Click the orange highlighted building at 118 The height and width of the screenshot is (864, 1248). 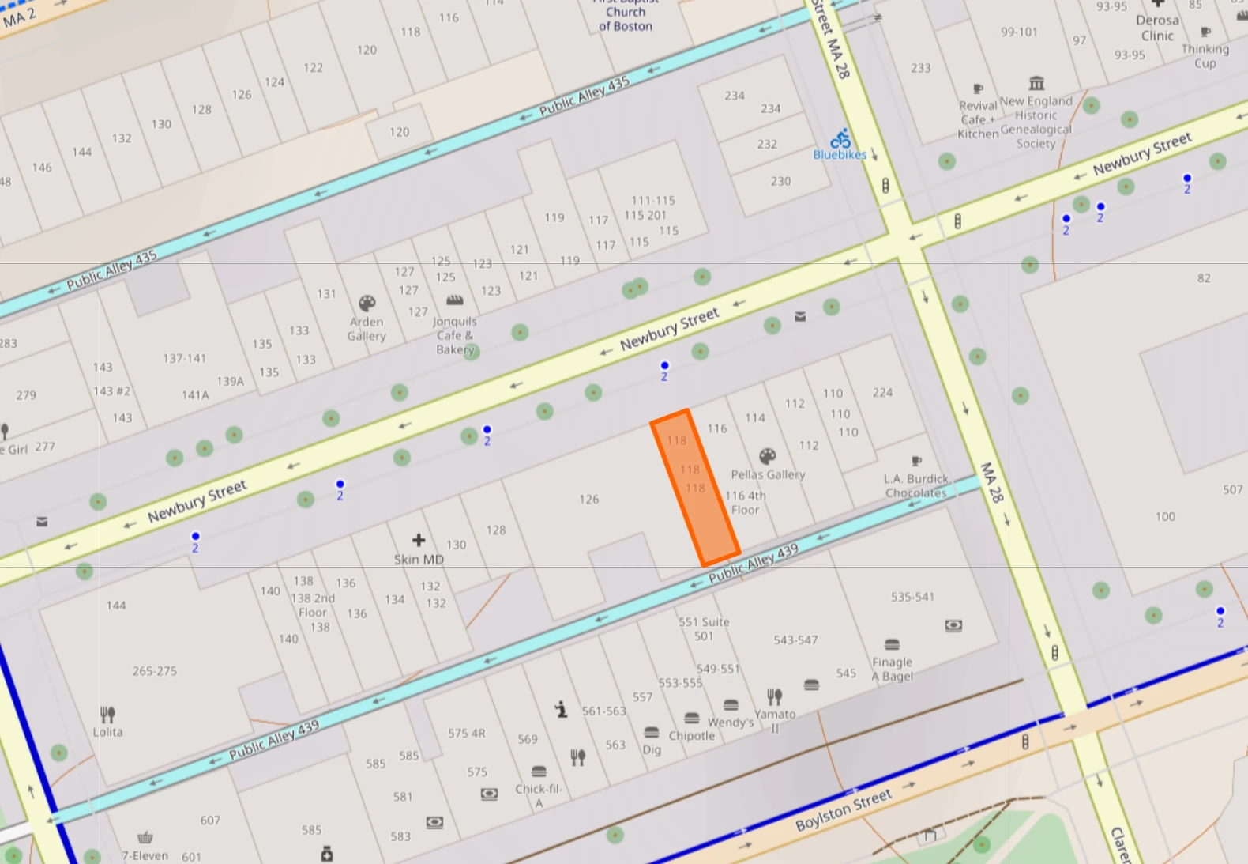[695, 489]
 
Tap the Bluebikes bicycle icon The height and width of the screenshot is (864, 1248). [840, 139]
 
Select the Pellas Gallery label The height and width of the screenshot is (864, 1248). [768, 474]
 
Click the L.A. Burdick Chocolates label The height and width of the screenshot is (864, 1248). [915, 485]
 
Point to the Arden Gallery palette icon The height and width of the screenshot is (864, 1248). [367, 304]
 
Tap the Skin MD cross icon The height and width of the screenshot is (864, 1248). [419, 540]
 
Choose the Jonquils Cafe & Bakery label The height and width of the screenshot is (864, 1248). [455, 335]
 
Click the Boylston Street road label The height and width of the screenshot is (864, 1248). [844, 809]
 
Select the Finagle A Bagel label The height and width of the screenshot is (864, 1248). [893, 669]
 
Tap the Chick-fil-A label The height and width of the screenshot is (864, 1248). [539, 795]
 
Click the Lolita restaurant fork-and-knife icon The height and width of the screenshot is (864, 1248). [107, 715]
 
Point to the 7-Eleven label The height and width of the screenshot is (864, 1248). [145, 855]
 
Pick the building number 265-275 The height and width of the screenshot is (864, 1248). [155, 671]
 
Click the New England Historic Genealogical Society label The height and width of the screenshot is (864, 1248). [1036, 123]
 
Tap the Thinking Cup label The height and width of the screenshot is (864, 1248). [1205, 55]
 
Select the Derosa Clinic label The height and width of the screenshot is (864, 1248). [1158, 28]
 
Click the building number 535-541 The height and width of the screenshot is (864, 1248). [912, 597]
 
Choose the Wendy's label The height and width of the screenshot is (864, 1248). [731, 722]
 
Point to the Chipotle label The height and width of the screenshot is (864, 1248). [692, 735]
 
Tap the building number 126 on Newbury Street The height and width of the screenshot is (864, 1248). [589, 500]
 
